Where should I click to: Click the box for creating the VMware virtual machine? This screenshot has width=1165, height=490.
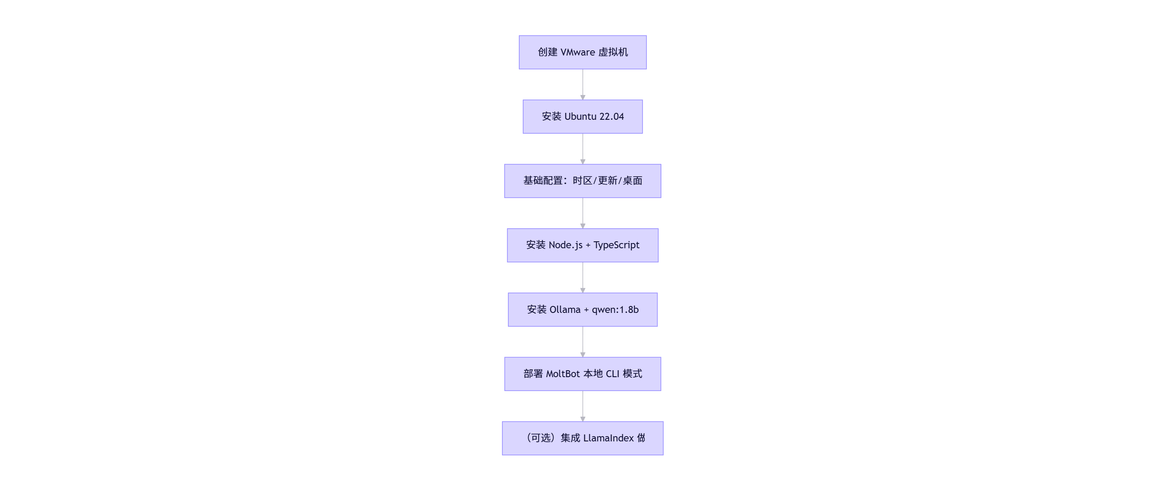point(583,53)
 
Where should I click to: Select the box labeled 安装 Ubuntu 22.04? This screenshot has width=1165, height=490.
point(583,117)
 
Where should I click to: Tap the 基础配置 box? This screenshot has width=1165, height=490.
point(583,181)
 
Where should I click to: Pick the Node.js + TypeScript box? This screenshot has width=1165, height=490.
point(583,245)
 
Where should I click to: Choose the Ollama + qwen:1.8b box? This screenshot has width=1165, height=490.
point(583,309)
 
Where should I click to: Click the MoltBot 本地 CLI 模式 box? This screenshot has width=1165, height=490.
point(583,374)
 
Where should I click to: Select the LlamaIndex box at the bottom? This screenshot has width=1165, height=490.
point(583,438)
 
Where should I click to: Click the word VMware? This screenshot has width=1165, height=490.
point(578,53)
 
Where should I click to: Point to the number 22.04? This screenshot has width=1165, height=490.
point(611,117)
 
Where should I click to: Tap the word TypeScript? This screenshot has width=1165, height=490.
point(616,245)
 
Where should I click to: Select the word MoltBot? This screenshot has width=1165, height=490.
point(563,374)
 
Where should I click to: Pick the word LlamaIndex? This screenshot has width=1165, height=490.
point(608,438)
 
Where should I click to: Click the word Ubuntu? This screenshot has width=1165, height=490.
point(580,117)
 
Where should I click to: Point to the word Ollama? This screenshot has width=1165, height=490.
point(565,309)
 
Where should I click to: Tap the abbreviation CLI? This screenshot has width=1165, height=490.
point(612,374)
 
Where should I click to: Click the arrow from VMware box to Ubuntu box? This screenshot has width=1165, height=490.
point(583,85)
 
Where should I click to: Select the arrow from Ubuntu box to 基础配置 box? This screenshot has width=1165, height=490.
point(583,149)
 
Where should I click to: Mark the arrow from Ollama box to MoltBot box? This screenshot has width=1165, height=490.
point(583,342)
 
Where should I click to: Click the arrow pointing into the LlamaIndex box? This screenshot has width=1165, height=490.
point(583,406)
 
